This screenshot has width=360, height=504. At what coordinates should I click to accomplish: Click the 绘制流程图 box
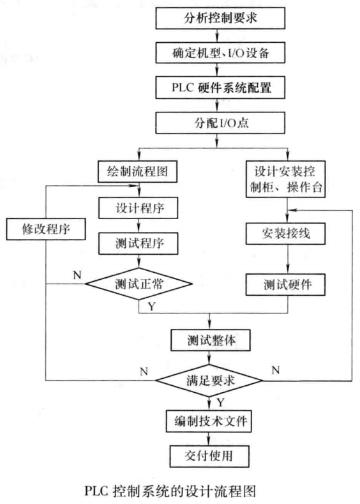tap(138, 171)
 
